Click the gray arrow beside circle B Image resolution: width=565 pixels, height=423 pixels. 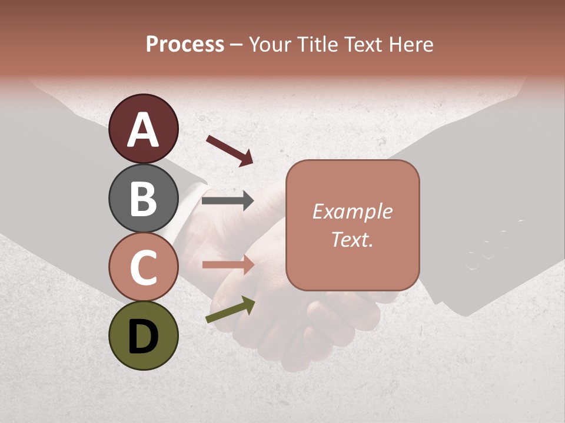228,201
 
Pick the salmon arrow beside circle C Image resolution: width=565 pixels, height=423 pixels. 228,265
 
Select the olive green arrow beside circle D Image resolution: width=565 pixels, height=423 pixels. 230,310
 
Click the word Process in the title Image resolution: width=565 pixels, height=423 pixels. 185,44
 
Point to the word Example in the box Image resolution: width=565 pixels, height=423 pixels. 352,212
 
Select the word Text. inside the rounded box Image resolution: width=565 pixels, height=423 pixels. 352,240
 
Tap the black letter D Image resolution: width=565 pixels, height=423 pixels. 143,336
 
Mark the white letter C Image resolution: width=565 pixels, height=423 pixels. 143,267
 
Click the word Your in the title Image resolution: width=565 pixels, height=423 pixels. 271,44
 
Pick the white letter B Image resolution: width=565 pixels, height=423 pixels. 143,199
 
